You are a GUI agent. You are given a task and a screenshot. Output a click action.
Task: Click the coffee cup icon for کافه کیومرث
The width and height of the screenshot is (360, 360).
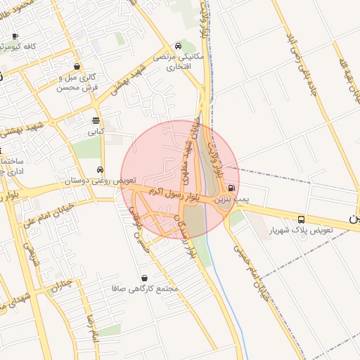[15, 35]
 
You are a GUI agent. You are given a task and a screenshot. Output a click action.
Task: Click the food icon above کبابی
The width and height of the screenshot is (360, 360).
[96, 120]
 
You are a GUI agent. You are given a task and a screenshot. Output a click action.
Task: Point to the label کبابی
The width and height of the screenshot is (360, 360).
[95, 131]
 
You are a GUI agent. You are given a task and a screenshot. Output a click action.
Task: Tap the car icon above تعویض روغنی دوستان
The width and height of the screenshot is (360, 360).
[101, 169]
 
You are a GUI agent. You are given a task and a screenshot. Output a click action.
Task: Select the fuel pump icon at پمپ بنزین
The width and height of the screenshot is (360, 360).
[231, 188]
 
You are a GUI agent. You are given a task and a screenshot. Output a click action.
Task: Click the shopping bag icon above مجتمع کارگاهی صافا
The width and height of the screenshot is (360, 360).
[145, 278]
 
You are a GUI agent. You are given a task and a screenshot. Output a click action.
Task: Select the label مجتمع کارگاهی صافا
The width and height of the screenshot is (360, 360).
[146, 289]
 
